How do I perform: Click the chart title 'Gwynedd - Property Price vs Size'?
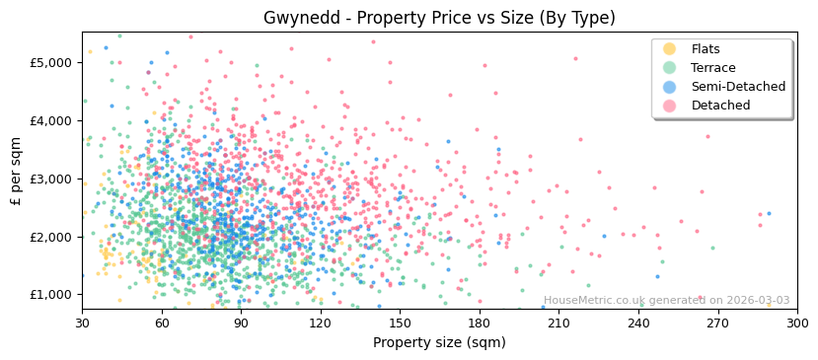439,18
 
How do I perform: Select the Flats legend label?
705,49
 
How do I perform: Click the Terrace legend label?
712,68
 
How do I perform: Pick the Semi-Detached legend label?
738,87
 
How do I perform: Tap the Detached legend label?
720,106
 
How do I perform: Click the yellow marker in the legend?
669,49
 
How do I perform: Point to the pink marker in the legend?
669,106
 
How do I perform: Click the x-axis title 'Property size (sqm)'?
439,343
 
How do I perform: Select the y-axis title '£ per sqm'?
16,171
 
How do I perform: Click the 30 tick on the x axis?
82,324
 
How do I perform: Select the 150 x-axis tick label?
400,324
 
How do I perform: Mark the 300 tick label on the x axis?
797,324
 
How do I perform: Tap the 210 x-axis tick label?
558,324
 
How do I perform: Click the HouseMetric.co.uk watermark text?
666,301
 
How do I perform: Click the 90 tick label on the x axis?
241,324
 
